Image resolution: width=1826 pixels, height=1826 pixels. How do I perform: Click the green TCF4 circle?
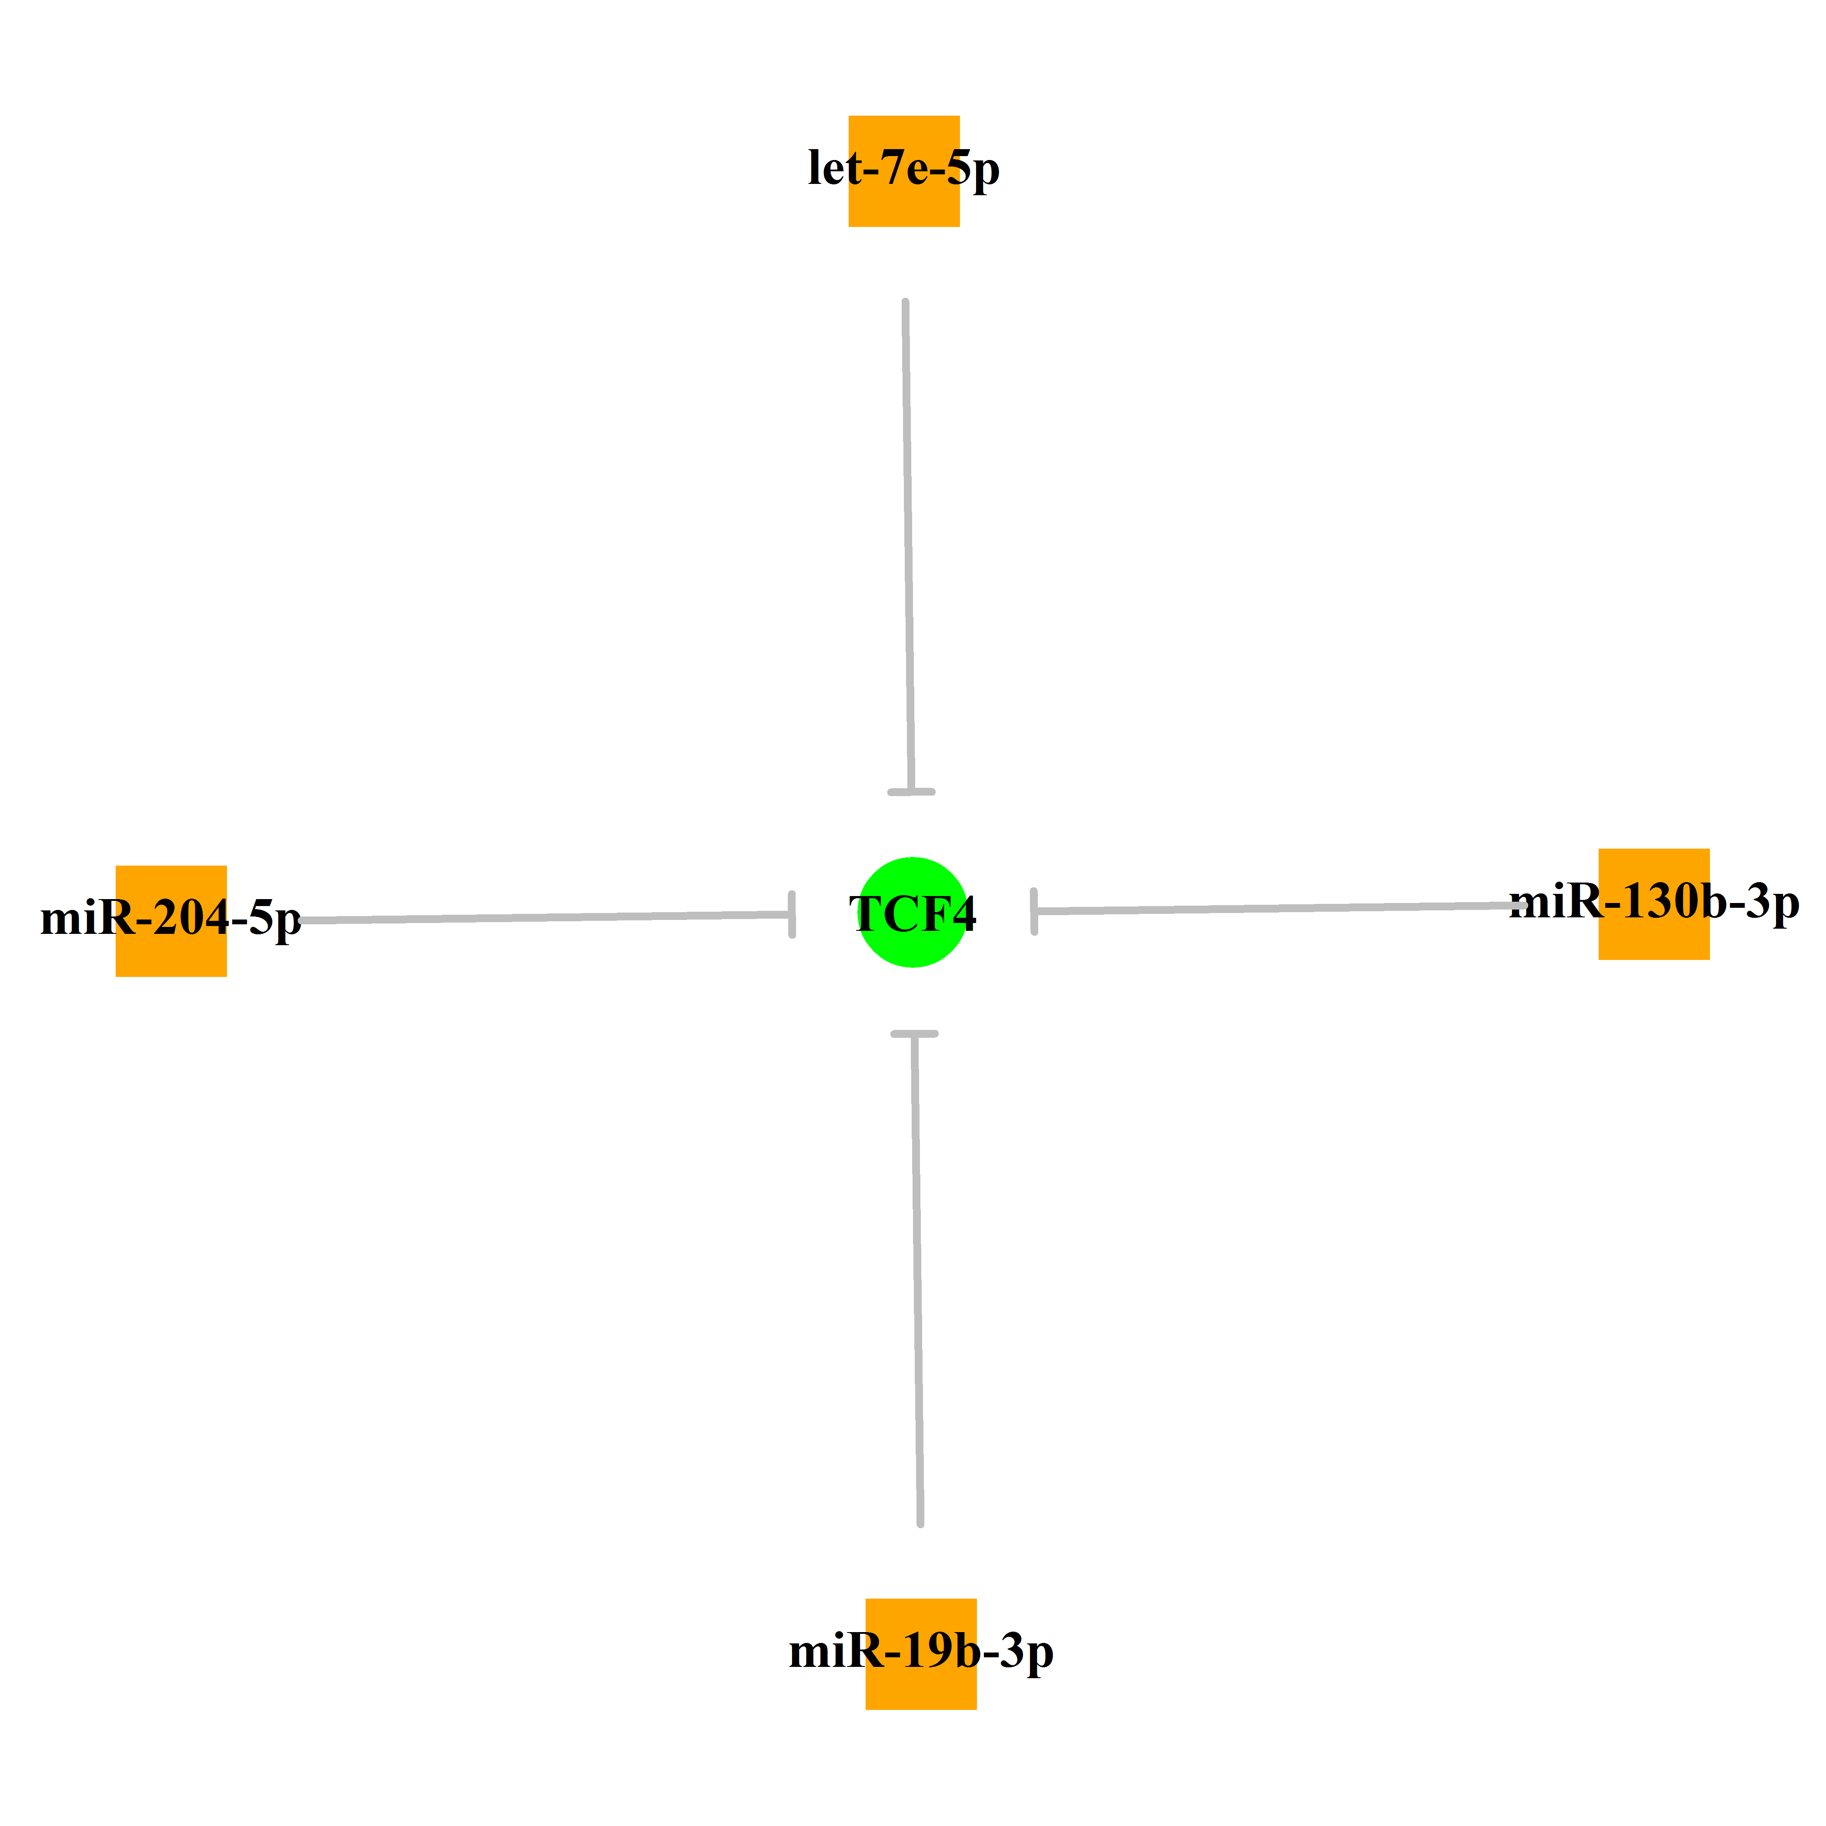[912, 912]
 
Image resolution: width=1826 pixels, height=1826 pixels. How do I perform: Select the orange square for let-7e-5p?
[904, 171]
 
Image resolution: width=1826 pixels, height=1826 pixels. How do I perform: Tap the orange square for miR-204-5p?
[171, 920]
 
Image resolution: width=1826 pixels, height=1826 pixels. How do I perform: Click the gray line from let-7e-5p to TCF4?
[908, 546]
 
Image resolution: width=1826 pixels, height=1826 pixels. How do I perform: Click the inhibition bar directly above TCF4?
[911, 792]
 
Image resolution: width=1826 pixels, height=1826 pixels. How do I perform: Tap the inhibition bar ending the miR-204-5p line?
[792, 914]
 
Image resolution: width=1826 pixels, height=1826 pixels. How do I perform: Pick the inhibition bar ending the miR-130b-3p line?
[1034, 911]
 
